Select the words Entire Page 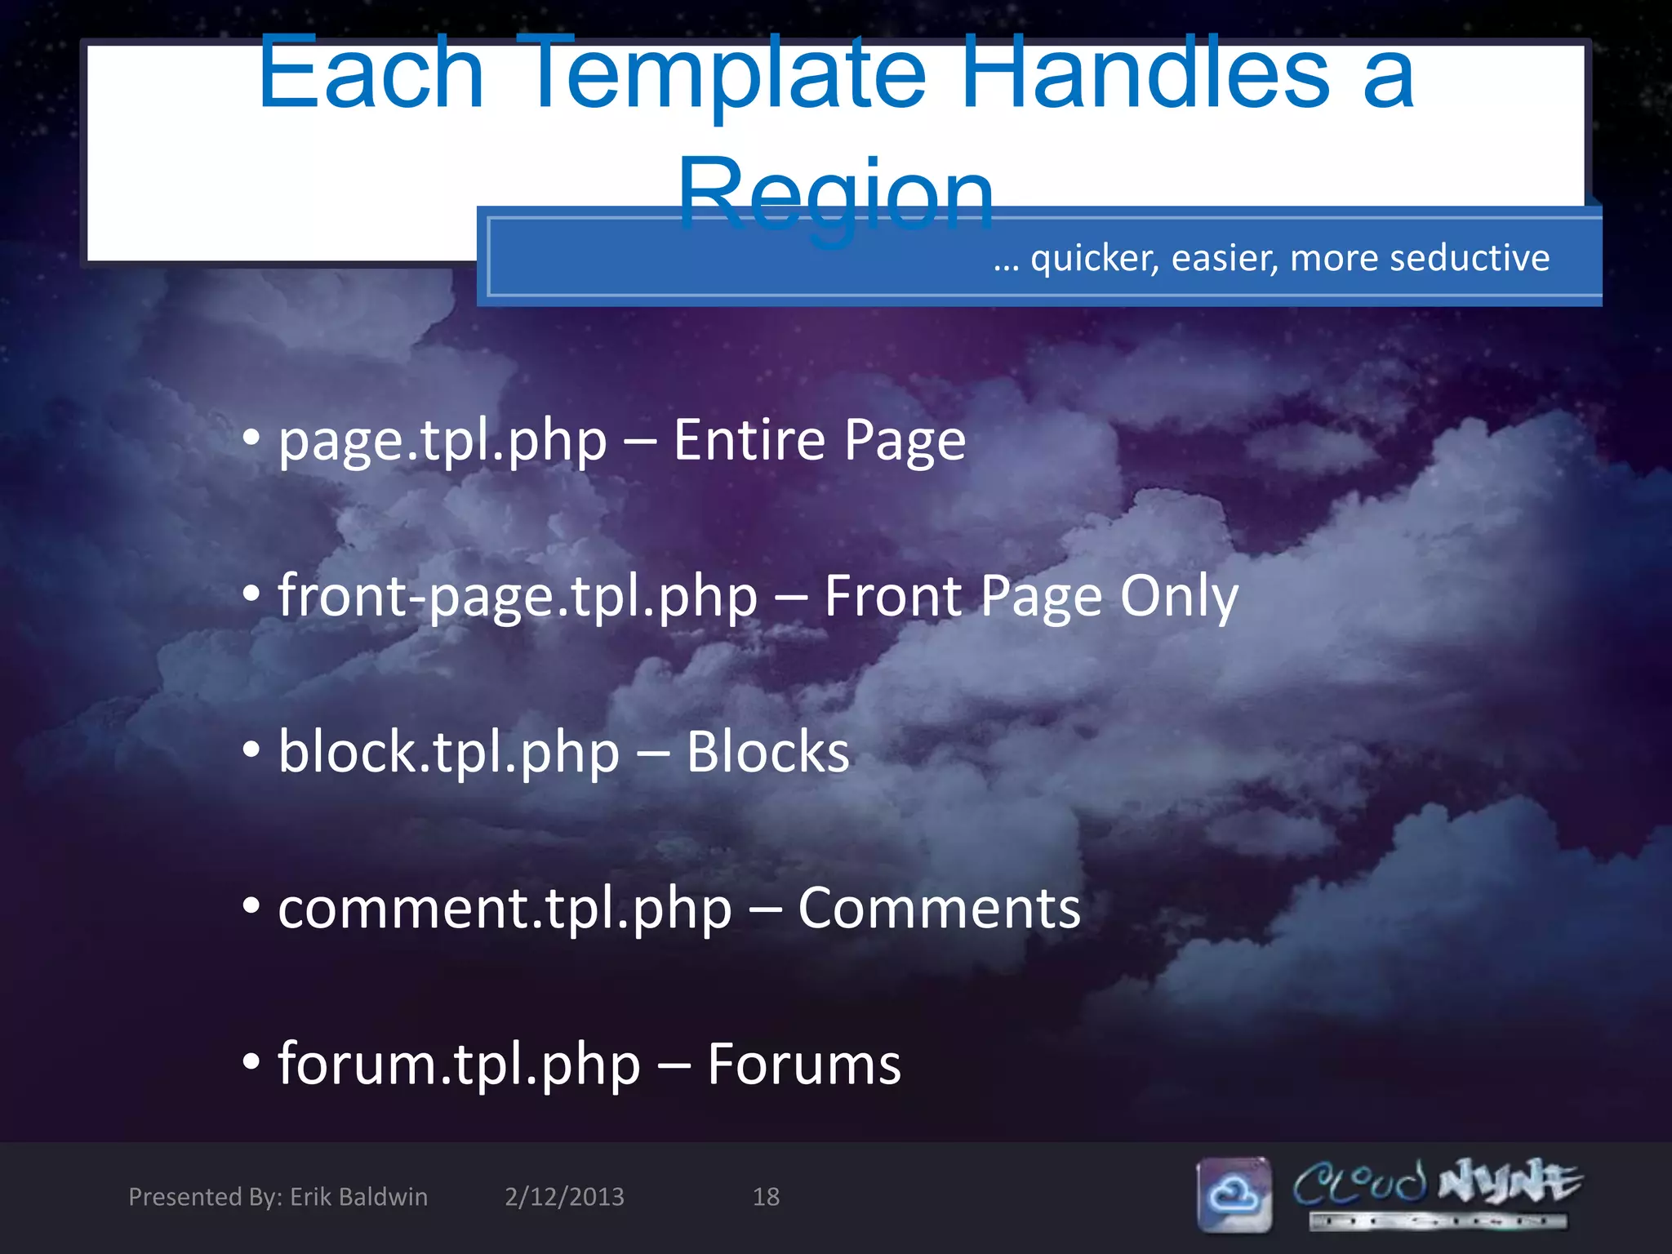(x=819, y=441)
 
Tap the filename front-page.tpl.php (x=518, y=598)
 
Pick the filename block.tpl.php (x=449, y=753)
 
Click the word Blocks (x=767, y=753)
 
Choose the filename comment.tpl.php (x=505, y=909)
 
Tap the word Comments (x=939, y=909)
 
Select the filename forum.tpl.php (x=459, y=1065)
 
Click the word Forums (x=804, y=1065)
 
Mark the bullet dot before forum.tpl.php (x=251, y=1063)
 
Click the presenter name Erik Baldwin (x=358, y=1197)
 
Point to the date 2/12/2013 (x=564, y=1197)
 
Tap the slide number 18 (x=766, y=1197)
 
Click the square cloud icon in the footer (x=1234, y=1195)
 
